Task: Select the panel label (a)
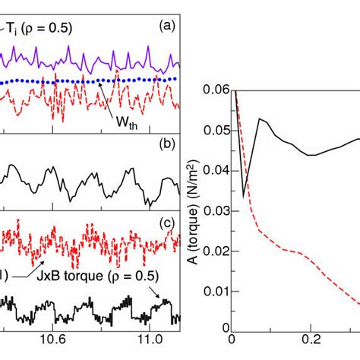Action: tap(169, 24)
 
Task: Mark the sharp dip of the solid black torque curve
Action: tap(244, 196)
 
